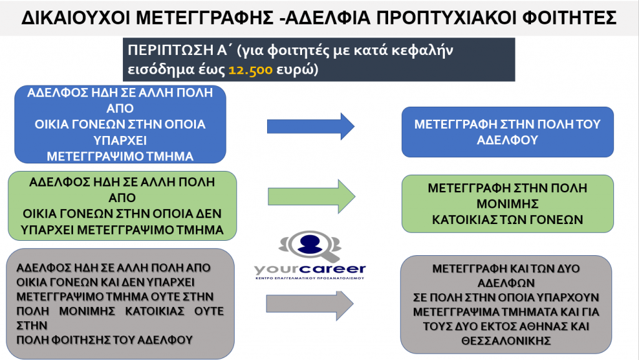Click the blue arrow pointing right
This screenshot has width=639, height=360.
311,126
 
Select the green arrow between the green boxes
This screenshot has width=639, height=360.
311,197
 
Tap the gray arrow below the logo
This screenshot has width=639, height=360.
310,304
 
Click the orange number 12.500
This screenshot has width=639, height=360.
250,70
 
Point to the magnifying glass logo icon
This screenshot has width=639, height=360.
310,246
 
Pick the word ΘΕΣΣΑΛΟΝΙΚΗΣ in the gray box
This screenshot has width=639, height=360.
506,341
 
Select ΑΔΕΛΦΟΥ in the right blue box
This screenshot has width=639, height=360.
507,140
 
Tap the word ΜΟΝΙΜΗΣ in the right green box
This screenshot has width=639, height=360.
508,203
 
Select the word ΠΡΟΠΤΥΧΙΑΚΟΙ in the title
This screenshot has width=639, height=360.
446,17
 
